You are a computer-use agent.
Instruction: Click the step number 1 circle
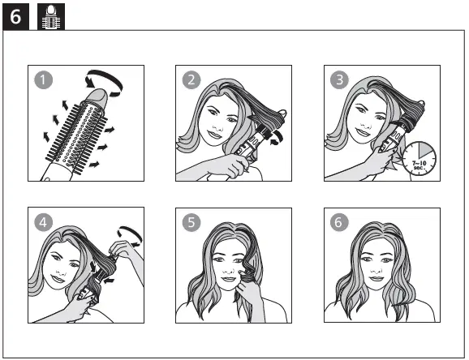43,79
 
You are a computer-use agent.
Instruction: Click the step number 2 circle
191,79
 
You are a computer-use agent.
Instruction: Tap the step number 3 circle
339,79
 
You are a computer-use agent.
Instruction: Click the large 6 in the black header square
16,16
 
